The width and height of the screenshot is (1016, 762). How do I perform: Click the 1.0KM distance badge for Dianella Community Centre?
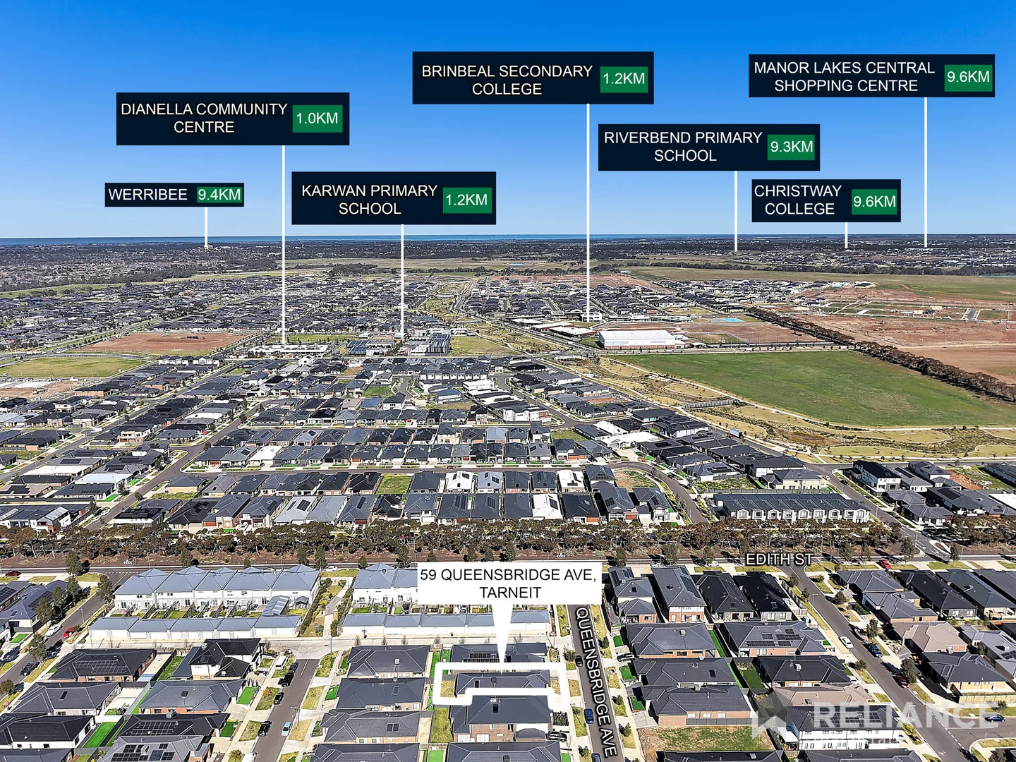coord(317,119)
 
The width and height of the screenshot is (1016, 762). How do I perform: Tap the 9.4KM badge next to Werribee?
coord(219,194)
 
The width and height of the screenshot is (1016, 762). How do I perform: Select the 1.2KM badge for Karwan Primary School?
coord(466,200)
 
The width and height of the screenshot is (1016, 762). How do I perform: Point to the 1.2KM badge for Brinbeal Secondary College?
coord(624,78)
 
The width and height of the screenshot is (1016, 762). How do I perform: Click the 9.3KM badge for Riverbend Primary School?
coord(791,147)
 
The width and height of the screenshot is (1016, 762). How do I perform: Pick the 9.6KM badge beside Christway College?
coord(874,201)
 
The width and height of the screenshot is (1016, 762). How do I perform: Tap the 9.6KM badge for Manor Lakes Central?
coord(968,77)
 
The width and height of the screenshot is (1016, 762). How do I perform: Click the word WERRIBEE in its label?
coord(148,194)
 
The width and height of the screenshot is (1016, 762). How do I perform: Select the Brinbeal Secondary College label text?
coord(507,80)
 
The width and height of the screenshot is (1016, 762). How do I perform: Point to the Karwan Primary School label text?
coord(370,200)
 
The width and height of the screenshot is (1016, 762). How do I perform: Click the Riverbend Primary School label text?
coord(683,146)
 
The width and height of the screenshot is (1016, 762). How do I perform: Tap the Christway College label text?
coord(798,200)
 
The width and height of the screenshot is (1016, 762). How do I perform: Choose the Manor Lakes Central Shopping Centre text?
coord(845,77)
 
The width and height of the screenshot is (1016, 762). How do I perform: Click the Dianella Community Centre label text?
coord(204,118)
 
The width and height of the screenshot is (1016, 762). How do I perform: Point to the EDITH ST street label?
coord(780,559)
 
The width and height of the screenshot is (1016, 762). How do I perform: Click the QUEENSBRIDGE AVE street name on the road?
coord(597,682)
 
